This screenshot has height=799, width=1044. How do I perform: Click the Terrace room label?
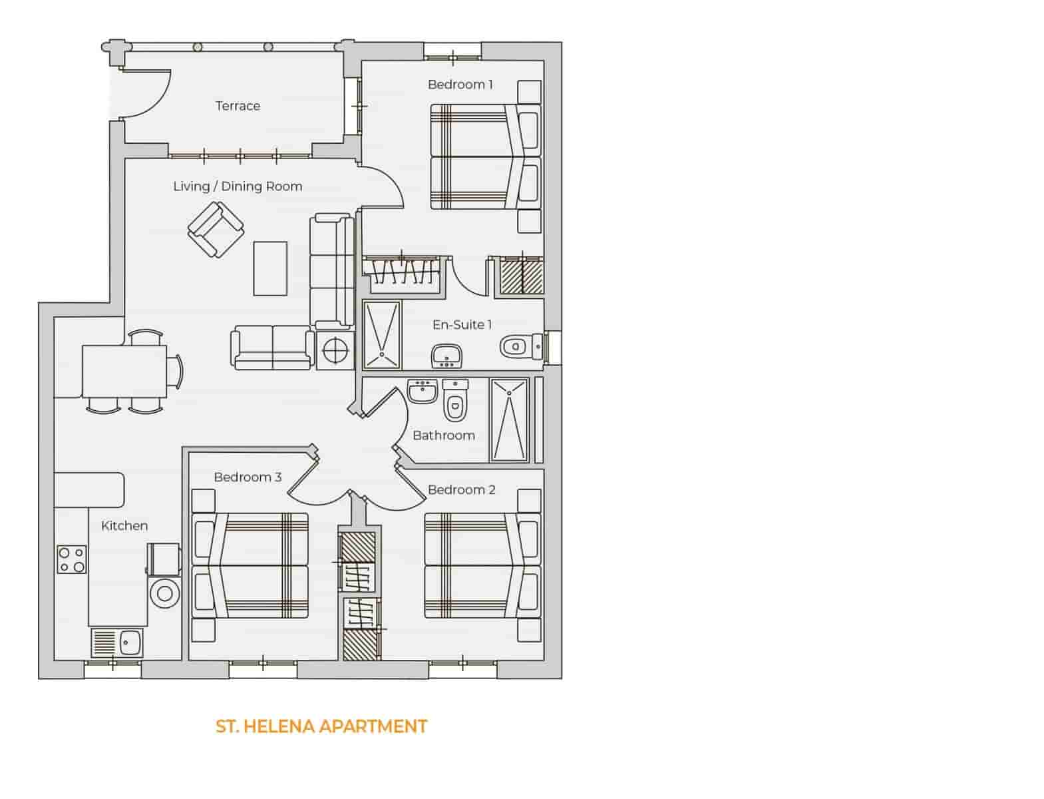coord(238,106)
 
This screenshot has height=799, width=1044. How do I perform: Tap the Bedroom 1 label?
coord(460,85)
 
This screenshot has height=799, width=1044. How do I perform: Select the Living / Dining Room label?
coord(238,186)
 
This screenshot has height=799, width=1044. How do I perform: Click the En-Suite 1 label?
coord(462,325)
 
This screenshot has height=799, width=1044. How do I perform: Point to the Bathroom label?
coord(444,435)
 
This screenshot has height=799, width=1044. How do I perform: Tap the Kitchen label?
coord(124,526)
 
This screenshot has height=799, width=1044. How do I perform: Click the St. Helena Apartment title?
coord(321,726)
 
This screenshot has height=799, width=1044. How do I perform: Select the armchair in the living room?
coord(216,230)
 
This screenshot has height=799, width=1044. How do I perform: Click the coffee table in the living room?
coord(270,268)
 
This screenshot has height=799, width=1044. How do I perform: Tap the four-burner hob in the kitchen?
coord(71,559)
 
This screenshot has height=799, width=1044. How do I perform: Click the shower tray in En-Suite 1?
coord(383,335)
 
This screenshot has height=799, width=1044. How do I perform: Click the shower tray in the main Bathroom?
coord(510,420)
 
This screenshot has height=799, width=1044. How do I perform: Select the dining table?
coord(124,371)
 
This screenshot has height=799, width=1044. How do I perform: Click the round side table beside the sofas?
coord(335,349)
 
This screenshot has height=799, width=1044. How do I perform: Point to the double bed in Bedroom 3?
coord(250,565)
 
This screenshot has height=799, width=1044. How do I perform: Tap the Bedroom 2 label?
coord(462,490)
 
